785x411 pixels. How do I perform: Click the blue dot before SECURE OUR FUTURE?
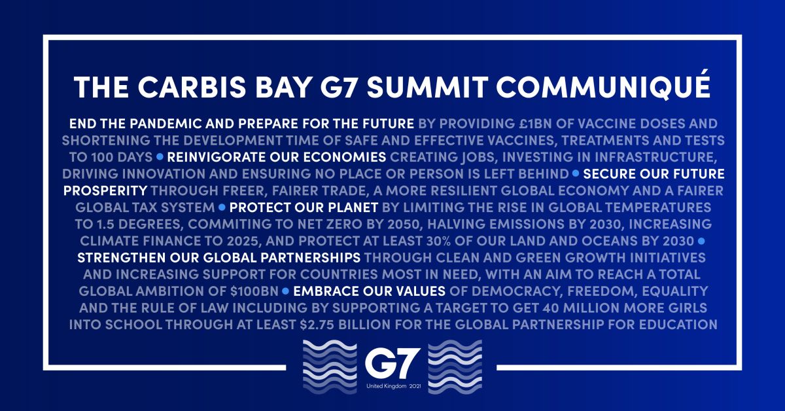[x=576, y=174]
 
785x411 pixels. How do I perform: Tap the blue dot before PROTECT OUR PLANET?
[x=222, y=207]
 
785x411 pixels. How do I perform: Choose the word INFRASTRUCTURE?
[x=657, y=157]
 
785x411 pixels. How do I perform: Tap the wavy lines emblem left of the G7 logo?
[x=328, y=368]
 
